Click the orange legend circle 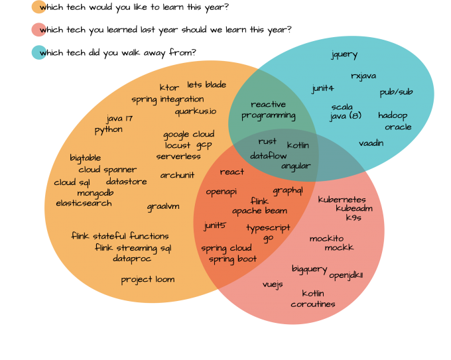(x=39, y=7)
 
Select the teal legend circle (x=39, y=52)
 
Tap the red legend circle (x=39, y=29)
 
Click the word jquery (x=344, y=55)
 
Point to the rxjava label (x=364, y=76)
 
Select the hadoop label (x=393, y=115)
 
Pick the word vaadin (x=371, y=143)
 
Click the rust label (x=267, y=141)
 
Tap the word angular (x=296, y=166)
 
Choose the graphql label (x=287, y=190)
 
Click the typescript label (x=268, y=228)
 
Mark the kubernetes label (x=342, y=200)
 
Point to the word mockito (x=326, y=239)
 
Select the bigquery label (x=309, y=269)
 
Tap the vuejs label (x=273, y=284)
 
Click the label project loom (x=147, y=280)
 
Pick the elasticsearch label (x=84, y=204)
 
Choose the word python (x=108, y=130)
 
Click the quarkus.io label (x=196, y=111)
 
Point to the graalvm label (x=163, y=207)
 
